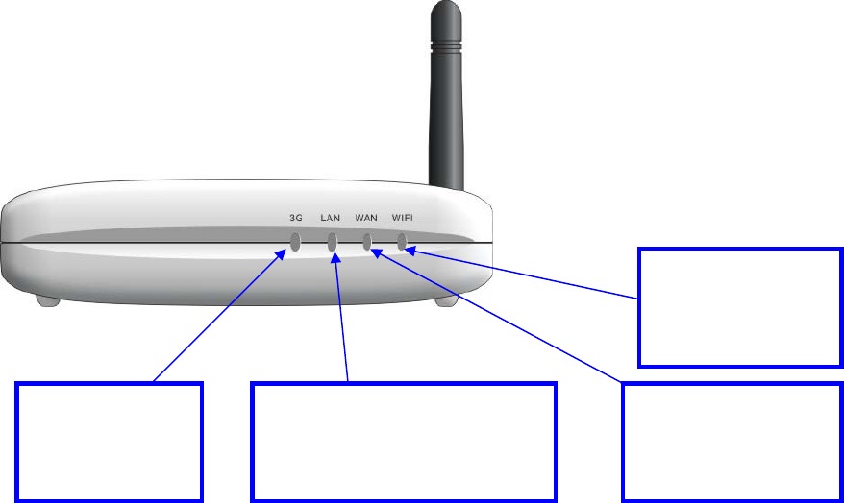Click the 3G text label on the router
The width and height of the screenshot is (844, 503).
tap(296, 217)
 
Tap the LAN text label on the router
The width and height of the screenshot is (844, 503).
tap(331, 217)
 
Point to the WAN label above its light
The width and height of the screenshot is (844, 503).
tap(365, 217)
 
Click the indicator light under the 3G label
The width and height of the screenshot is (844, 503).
tap(295, 242)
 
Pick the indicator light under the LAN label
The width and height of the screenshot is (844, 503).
tap(332, 242)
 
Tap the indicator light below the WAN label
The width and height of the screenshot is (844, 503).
tap(366, 241)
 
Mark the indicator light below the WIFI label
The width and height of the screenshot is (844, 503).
tap(402, 240)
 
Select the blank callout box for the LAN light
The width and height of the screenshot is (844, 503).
tap(404, 442)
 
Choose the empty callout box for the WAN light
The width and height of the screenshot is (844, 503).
tap(732, 442)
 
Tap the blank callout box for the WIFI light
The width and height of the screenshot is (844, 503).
tap(740, 307)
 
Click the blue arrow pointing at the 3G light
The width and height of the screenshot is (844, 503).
tap(221, 317)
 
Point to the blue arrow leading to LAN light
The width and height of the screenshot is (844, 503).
tap(341, 317)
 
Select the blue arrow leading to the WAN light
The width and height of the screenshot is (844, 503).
tap(500, 317)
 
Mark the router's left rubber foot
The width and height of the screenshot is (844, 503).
tap(48, 300)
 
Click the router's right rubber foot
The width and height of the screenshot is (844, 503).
tap(445, 300)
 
